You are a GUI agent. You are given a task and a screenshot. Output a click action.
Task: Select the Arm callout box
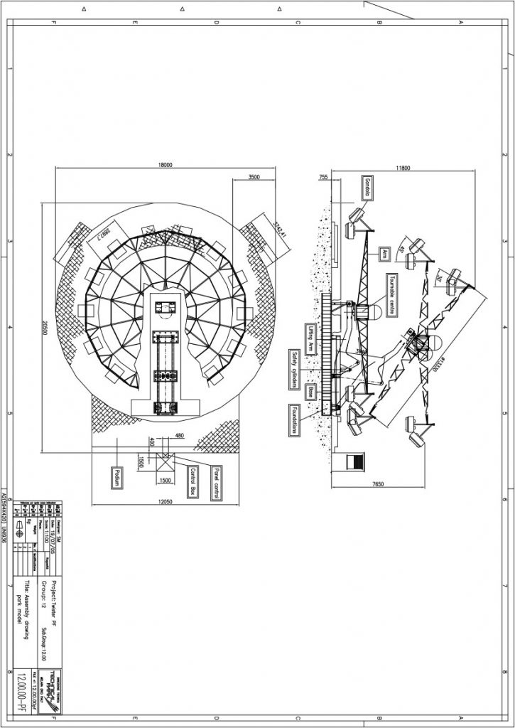(x=382, y=254)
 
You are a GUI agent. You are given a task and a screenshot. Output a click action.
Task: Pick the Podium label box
(x=113, y=478)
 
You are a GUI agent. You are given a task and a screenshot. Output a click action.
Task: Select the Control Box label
(x=191, y=481)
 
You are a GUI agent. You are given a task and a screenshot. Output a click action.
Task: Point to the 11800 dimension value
(x=403, y=168)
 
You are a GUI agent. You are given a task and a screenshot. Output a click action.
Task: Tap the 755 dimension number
(x=323, y=177)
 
